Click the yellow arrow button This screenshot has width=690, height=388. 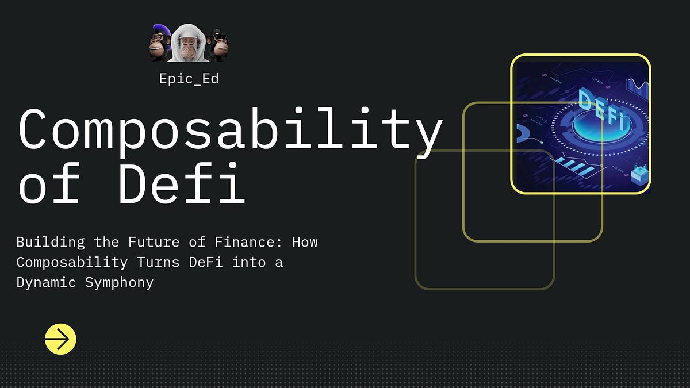pyautogui.click(x=60, y=339)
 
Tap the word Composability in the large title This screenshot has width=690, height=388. pyautogui.click(x=230, y=129)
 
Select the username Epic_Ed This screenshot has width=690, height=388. pyautogui.click(x=189, y=79)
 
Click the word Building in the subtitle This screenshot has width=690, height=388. pyautogui.click(x=51, y=242)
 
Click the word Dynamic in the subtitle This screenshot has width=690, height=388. pyautogui.click(x=47, y=283)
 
